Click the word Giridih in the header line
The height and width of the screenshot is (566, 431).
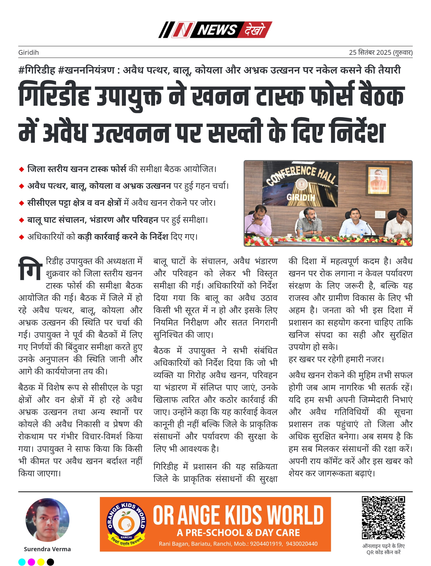point(28,53)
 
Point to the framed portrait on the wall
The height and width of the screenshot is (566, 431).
point(379,181)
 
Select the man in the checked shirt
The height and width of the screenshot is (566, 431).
point(310,221)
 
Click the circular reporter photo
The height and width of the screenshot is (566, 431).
point(47,520)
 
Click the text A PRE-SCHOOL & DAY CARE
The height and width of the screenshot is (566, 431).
point(238,533)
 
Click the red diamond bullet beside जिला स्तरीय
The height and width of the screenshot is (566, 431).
point(22,169)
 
